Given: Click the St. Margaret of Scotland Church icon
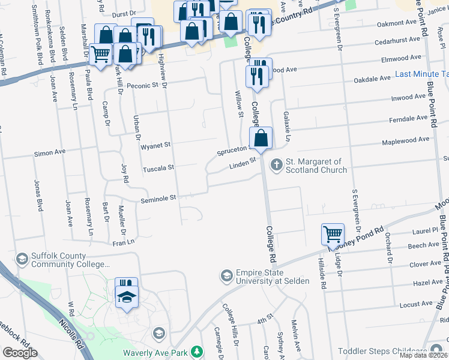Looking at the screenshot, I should click(277, 164).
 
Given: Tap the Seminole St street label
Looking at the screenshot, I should click(158, 197).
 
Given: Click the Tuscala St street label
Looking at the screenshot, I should click(158, 169).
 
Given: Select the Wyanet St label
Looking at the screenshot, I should click(155, 145).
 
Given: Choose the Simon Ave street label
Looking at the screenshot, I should click(50, 153).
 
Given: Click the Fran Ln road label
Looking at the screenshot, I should click(122, 243).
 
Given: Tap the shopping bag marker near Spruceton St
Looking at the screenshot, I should click(261, 139).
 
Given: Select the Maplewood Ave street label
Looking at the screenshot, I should click(406, 140).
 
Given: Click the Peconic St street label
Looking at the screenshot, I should click(142, 85).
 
